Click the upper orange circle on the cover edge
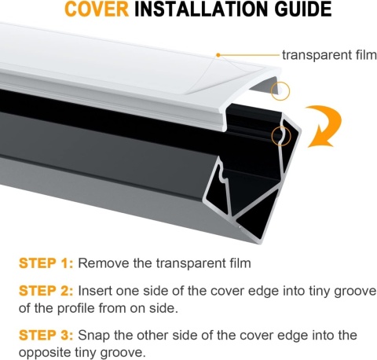280,91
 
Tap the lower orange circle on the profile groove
280,137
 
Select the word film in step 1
238,263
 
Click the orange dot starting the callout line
218,54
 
